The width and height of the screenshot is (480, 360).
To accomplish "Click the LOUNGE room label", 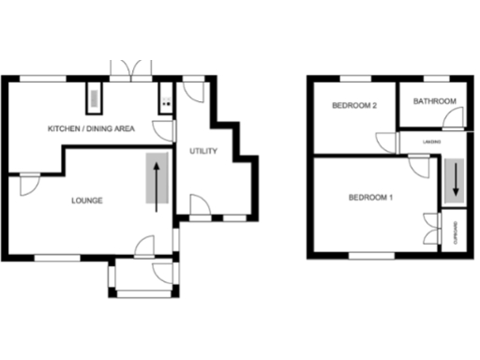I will tap(86, 201).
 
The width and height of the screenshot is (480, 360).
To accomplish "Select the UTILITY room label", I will tap(203, 151).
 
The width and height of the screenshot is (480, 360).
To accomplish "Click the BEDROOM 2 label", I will tap(354, 106).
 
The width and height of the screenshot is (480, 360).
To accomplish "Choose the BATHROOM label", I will tap(435, 101).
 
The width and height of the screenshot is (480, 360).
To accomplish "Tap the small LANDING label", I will tap(432, 142).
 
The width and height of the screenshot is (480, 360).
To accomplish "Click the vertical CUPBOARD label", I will tap(456, 232).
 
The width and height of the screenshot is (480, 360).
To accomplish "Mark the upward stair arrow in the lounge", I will tap(157, 183).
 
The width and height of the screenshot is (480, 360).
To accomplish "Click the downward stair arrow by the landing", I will tap(456, 178).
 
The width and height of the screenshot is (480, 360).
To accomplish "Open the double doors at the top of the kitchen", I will tap(130, 68).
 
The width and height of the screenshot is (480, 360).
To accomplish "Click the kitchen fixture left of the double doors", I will tap(94, 97).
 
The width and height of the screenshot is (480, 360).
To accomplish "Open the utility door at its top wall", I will tap(194, 90).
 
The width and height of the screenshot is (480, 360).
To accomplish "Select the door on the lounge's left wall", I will tap(28, 184).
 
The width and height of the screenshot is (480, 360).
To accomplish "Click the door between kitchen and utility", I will tap(164, 132).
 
